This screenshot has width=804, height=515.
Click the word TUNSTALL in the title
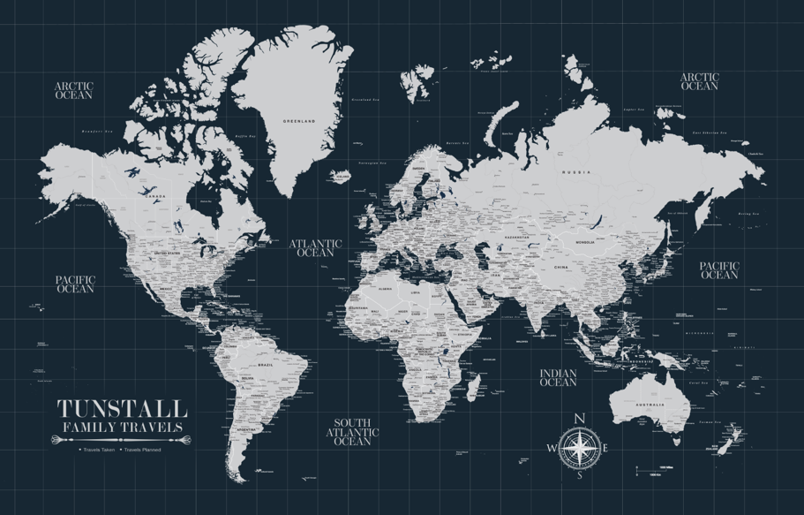point(123,409)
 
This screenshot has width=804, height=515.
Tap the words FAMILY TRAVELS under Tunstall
point(123,428)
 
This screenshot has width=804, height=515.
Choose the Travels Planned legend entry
point(141,450)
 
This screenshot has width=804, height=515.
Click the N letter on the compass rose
point(579,419)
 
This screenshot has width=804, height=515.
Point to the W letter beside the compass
point(552,448)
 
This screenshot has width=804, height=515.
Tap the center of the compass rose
point(579,447)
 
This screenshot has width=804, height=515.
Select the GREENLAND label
point(295,120)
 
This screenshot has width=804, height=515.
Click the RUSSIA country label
point(576,171)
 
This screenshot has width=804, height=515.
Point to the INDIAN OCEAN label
point(558,378)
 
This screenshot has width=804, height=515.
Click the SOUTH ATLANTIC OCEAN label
point(352,432)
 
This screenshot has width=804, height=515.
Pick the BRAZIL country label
point(264,364)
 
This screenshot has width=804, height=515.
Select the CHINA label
point(560,266)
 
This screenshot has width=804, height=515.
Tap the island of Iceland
point(342,176)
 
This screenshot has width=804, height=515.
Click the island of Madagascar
point(474,386)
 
